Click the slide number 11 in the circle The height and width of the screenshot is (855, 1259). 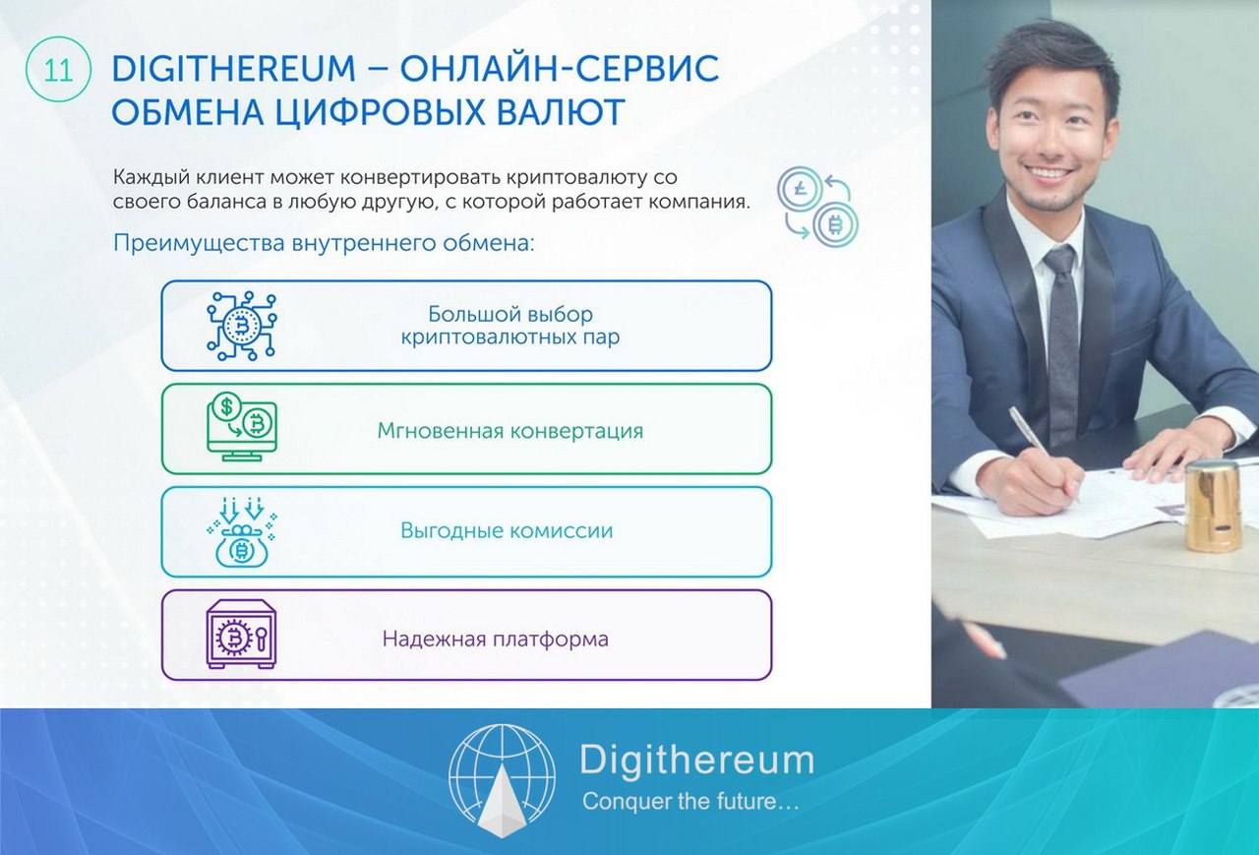click(58, 70)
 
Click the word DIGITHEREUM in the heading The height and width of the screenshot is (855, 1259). click(234, 69)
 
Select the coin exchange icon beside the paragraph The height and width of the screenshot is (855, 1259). click(817, 207)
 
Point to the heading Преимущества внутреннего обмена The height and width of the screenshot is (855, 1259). click(324, 243)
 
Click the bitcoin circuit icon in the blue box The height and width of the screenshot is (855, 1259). click(241, 326)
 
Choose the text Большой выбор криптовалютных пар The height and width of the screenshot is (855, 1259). click(510, 326)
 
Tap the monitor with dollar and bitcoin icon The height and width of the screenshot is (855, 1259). click(242, 427)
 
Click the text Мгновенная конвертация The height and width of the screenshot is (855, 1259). click(510, 431)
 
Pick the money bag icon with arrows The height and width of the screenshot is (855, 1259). click(242, 531)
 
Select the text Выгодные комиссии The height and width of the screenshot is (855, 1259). click(507, 530)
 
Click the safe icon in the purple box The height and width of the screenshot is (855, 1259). click(241, 635)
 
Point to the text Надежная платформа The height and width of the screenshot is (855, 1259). click(495, 640)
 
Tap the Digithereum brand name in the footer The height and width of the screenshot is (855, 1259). click(697, 760)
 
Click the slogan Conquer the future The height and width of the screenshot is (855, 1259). click(690, 801)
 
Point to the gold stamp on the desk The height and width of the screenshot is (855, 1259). click(1213, 505)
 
